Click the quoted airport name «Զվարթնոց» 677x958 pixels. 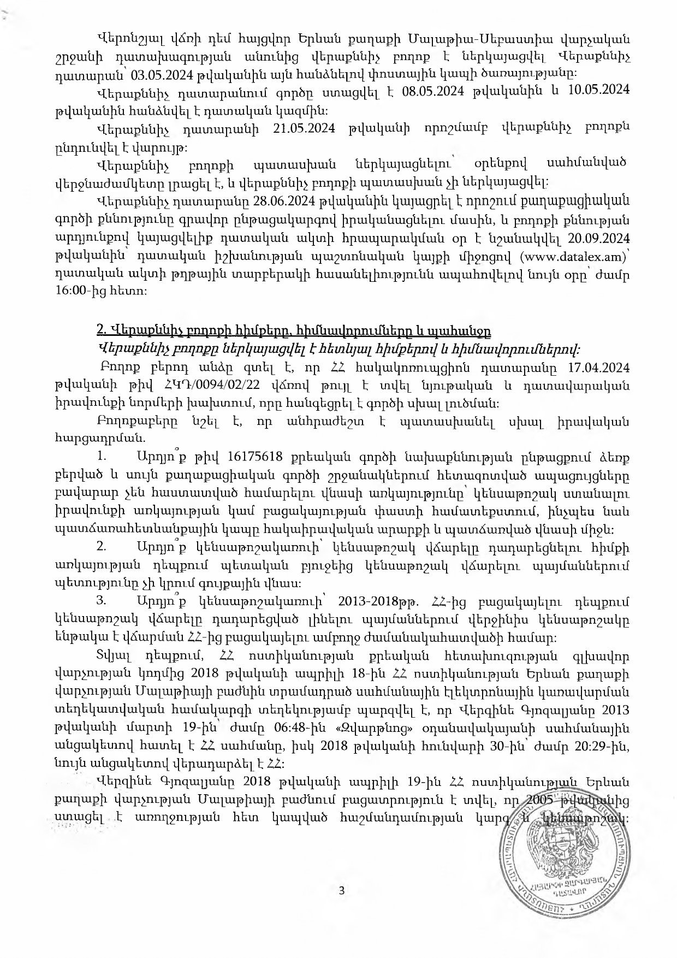(x=381, y=728)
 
